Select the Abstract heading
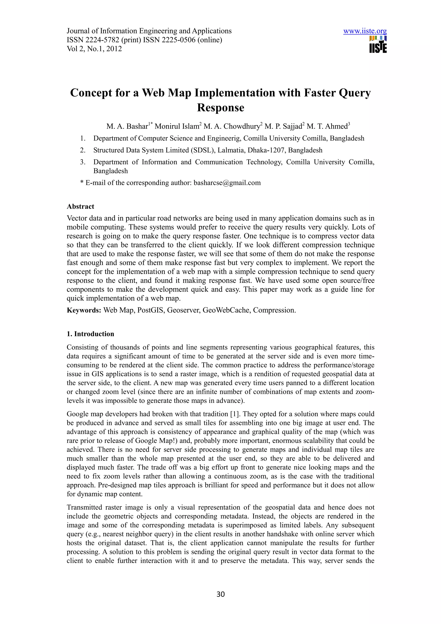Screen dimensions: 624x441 click(x=81, y=206)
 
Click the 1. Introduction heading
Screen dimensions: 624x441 click(x=90, y=334)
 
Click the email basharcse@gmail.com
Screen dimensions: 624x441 click(x=227, y=183)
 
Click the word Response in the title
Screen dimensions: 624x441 click(x=220, y=107)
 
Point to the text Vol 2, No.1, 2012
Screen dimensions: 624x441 click(x=94, y=49)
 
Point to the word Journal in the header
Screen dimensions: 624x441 click(x=79, y=31)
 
